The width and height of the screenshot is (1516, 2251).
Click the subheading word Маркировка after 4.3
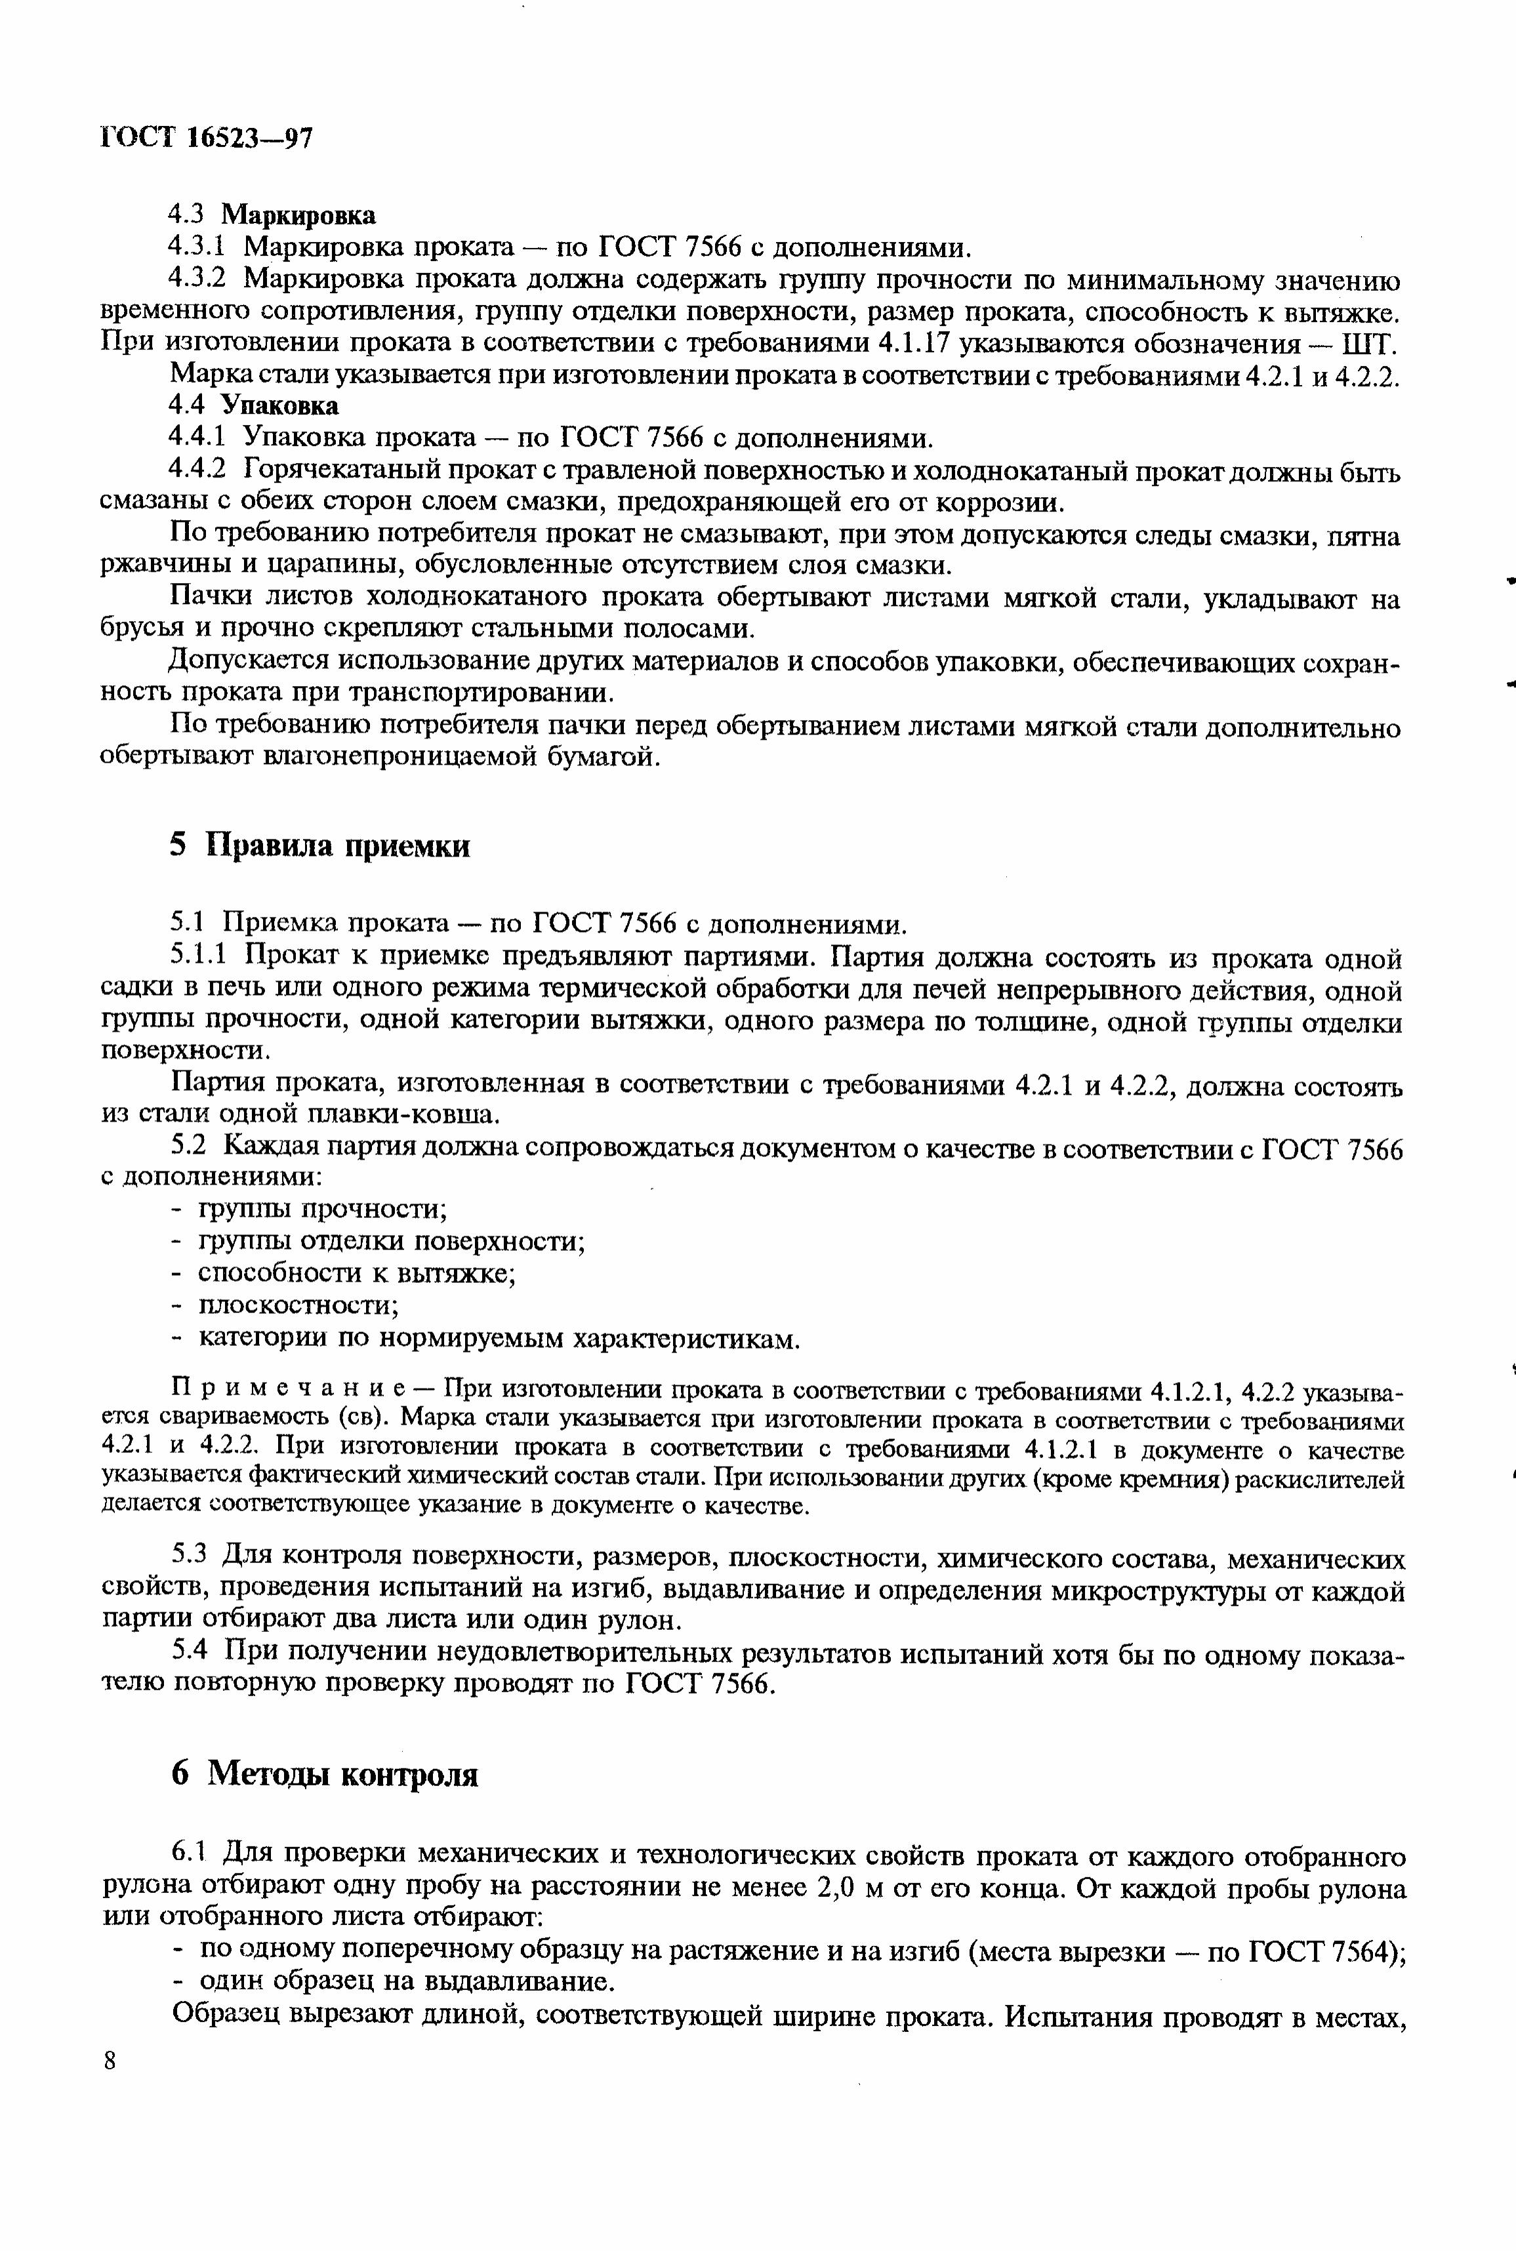click(298, 214)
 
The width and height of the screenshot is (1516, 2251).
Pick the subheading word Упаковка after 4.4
click(280, 404)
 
